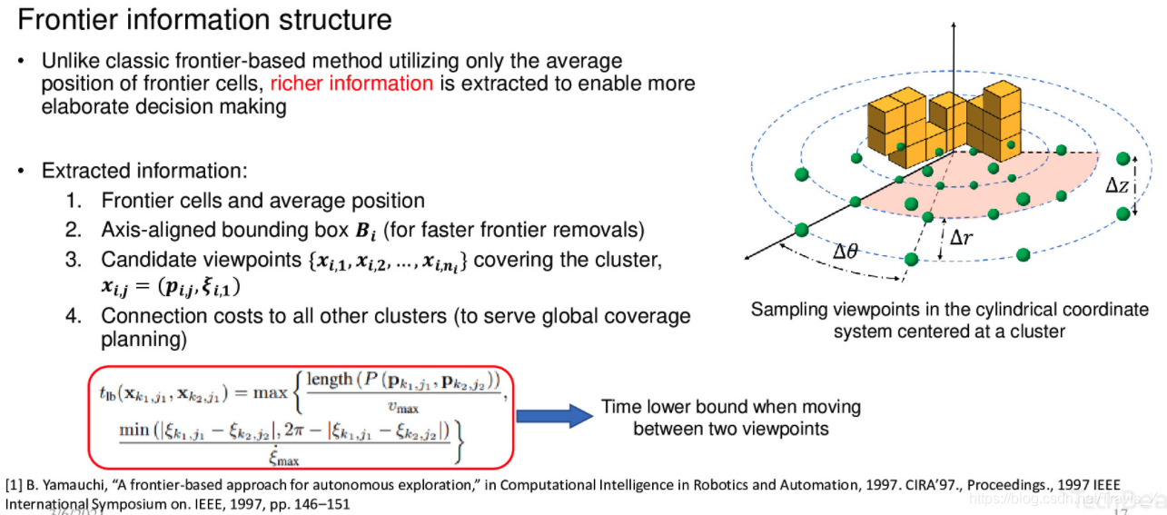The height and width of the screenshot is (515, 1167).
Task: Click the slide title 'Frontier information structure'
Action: tap(205, 20)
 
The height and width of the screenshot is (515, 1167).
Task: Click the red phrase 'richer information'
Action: tap(351, 84)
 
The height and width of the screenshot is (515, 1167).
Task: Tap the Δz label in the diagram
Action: tap(1117, 185)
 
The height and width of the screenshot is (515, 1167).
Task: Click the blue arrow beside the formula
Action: tap(553, 416)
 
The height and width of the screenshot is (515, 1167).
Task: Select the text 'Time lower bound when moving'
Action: tap(731, 407)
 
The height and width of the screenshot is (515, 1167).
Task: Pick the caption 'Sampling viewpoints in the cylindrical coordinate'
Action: tap(949, 310)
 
